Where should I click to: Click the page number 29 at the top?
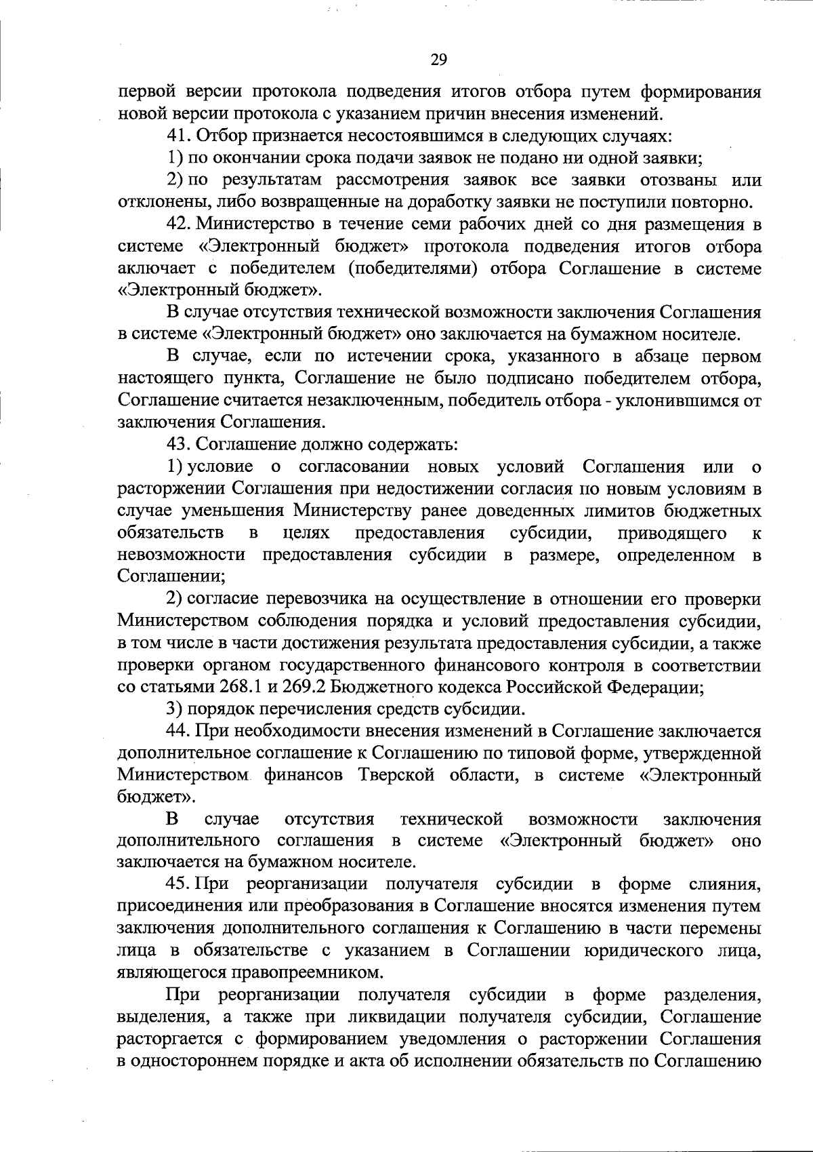click(x=438, y=60)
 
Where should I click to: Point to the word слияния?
click(x=724, y=885)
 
